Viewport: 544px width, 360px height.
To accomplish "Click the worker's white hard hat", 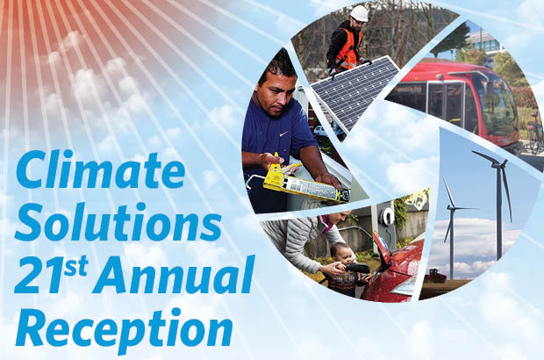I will (x=359, y=13).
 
